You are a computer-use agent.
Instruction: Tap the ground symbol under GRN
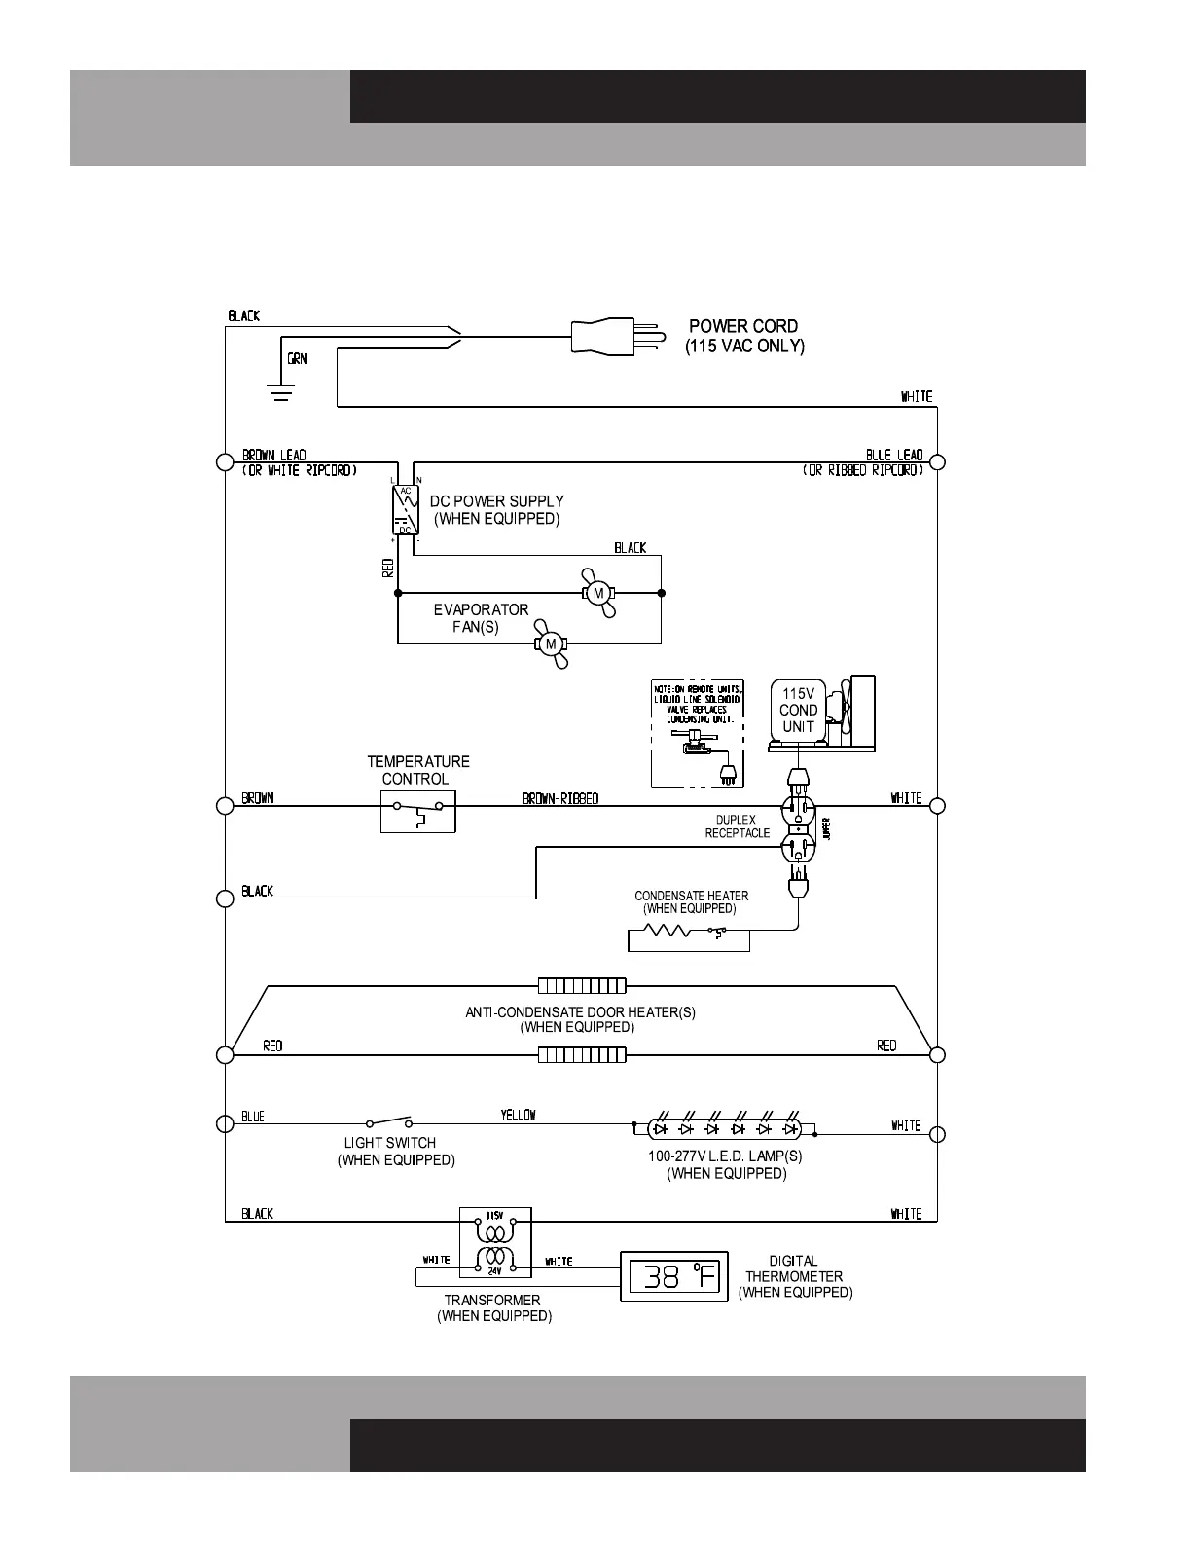click(x=281, y=392)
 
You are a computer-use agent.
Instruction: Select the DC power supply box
click(x=404, y=508)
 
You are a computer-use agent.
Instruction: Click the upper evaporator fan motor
click(x=598, y=593)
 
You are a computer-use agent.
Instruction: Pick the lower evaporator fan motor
click(x=550, y=643)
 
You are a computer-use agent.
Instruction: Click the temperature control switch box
click(x=417, y=812)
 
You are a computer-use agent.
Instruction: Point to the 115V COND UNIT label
click(x=798, y=710)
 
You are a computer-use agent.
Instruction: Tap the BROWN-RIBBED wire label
click(x=560, y=798)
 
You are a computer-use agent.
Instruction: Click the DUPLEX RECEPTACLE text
click(x=737, y=826)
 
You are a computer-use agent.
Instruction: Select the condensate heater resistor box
click(x=689, y=936)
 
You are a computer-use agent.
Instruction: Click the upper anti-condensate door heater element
click(x=582, y=986)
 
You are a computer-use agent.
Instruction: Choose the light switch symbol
click(x=389, y=1122)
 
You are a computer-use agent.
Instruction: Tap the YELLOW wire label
click(x=518, y=1115)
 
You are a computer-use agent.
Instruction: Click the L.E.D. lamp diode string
click(x=725, y=1129)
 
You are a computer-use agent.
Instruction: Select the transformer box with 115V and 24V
click(x=495, y=1242)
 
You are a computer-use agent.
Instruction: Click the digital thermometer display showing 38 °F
click(x=674, y=1275)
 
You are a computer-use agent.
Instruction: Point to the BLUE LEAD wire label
click(x=893, y=455)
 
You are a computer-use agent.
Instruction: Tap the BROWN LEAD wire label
click(x=273, y=455)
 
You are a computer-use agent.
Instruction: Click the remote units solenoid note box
click(x=697, y=733)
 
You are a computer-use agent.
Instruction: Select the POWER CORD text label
click(x=743, y=326)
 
